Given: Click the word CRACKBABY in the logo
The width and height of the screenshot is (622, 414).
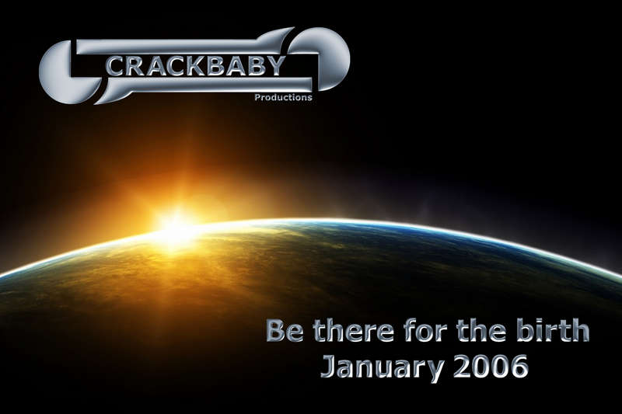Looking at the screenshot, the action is (x=196, y=66).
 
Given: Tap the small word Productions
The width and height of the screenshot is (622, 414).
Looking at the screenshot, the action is (x=283, y=97).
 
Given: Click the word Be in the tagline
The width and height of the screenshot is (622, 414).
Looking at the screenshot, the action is (x=285, y=331).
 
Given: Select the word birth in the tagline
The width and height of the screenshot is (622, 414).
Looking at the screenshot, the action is (x=552, y=331).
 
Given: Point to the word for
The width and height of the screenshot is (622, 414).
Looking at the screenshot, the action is (x=425, y=331).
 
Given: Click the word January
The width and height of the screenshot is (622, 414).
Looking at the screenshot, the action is (x=383, y=367).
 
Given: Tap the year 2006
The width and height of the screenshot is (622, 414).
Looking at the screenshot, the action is (x=491, y=367).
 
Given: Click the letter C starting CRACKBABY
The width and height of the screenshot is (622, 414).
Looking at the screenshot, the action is (x=115, y=66).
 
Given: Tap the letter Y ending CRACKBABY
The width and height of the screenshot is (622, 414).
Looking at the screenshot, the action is (x=276, y=65).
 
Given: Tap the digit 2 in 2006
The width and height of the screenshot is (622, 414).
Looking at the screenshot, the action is (x=462, y=367).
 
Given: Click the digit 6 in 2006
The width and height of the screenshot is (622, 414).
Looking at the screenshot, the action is (x=519, y=367).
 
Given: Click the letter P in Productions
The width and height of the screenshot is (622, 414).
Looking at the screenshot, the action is (x=257, y=96).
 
